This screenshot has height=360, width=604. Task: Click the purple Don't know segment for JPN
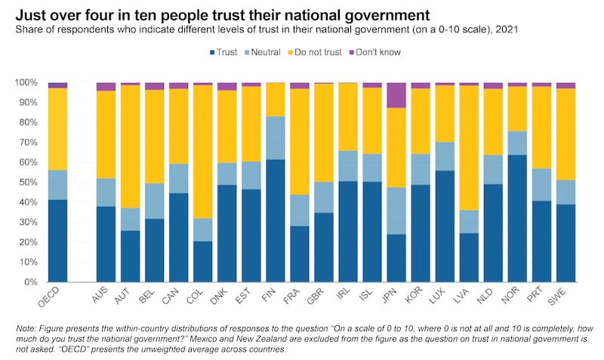click(396, 95)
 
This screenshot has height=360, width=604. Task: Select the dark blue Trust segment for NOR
click(517, 218)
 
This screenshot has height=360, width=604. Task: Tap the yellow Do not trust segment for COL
click(202, 152)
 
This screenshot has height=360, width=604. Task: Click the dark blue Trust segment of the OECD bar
click(57, 241)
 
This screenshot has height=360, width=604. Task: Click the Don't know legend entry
click(379, 52)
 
